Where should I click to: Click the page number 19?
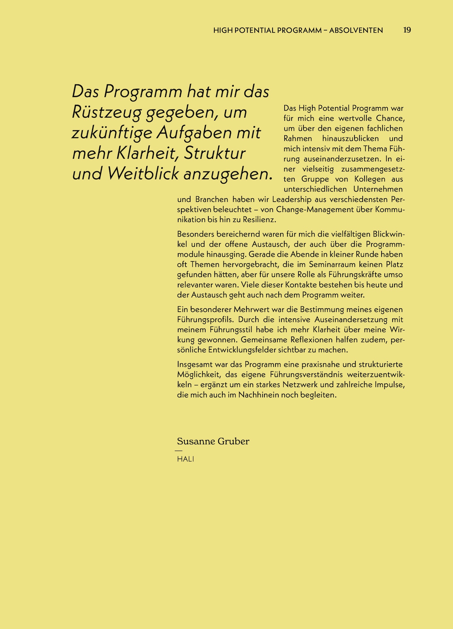pos(407,30)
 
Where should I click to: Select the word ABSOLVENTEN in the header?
pos(356,31)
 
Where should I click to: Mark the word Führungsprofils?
pos(205,320)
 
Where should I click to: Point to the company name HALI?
pos(185,459)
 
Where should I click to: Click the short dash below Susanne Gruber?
pos(179,451)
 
